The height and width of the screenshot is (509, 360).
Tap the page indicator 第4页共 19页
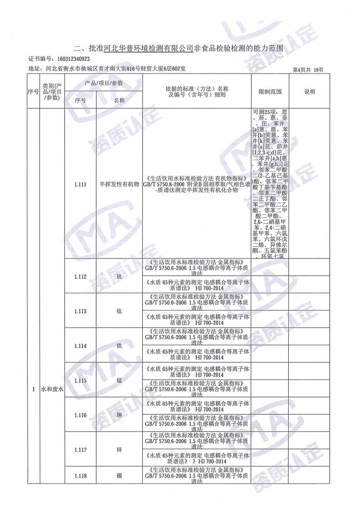pyautogui.click(x=308, y=69)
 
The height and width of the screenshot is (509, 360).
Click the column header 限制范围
pyautogui.click(x=270, y=92)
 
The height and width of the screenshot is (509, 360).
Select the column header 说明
pyautogui.click(x=309, y=92)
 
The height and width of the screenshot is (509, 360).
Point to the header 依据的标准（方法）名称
pyautogui.click(x=197, y=88)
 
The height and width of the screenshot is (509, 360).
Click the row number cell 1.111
pyautogui.click(x=80, y=184)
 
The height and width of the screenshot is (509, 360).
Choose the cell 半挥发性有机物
pyautogui.click(x=119, y=184)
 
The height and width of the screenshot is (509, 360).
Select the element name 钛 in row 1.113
pyautogui.click(x=119, y=311)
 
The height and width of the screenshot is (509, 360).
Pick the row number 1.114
pyautogui.click(x=80, y=346)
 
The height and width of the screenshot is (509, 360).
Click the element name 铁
pyautogui.click(x=119, y=346)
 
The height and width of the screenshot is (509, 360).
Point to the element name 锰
pyautogui.click(x=119, y=381)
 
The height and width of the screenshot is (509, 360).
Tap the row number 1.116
pyautogui.click(x=80, y=415)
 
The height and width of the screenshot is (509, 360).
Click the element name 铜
pyautogui.click(x=119, y=415)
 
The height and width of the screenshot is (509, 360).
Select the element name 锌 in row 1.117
pyautogui.click(x=119, y=450)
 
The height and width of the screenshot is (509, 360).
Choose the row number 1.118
pyautogui.click(x=80, y=476)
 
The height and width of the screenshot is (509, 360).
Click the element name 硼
pyautogui.click(x=119, y=476)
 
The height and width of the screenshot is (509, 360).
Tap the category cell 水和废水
pyautogui.click(x=53, y=389)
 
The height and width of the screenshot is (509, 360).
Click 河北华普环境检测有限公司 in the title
pyautogui.click(x=148, y=48)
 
